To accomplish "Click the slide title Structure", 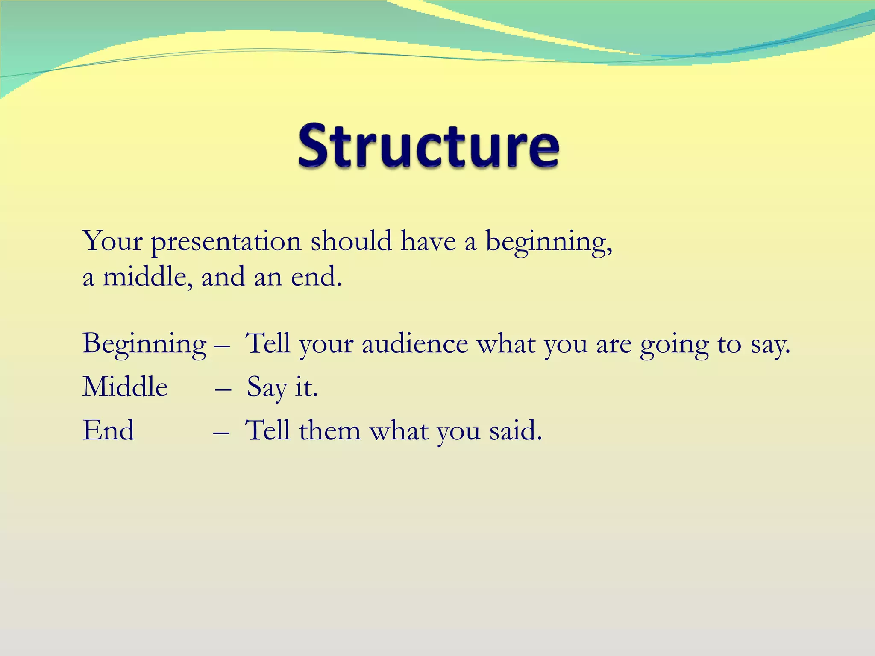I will click(429, 146).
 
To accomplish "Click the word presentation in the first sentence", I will click(226, 242).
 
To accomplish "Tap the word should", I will click(351, 241).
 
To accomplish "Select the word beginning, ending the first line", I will click(549, 242).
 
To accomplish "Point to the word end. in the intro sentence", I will click(316, 277).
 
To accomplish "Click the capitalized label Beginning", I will click(144, 344).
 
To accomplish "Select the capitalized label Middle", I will click(125, 387).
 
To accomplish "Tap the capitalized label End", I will click(109, 430).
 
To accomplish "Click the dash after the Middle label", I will click(223, 389).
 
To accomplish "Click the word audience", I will click(415, 344).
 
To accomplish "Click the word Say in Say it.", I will click(267, 388).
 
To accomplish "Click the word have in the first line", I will click(428, 241).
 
